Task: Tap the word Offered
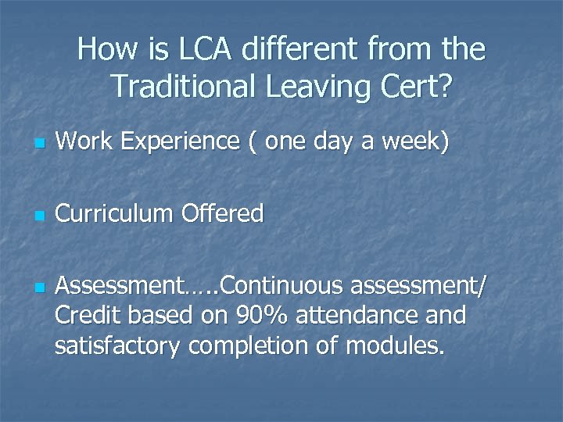tap(226, 213)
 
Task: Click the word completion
tap(252, 345)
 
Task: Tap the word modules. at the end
tap(399, 345)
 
